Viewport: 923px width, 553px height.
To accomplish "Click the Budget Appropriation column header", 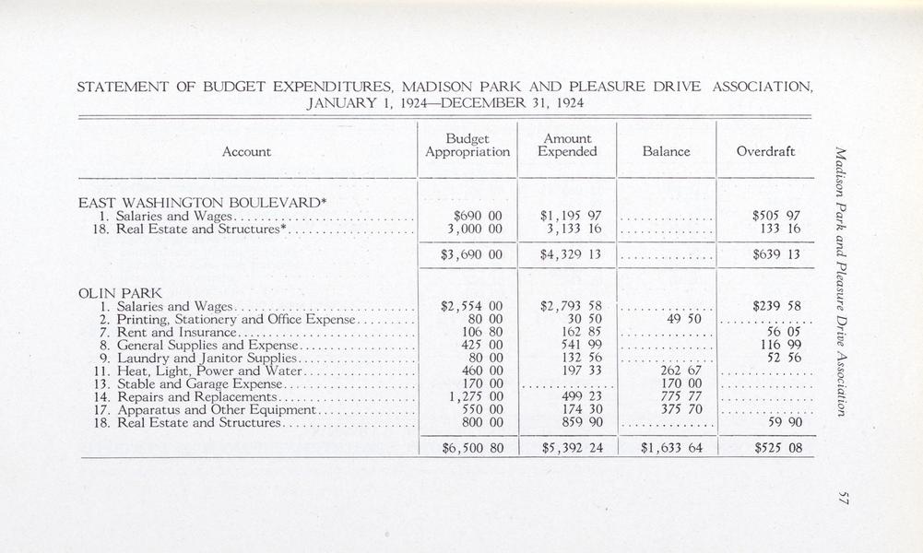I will [467, 145].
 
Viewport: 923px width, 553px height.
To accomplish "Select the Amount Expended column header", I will [568, 145].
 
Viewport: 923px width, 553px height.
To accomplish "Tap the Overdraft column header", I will [766, 151].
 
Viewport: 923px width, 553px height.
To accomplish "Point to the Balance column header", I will [666, 151].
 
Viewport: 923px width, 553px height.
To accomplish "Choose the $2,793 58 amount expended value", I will [571, 306].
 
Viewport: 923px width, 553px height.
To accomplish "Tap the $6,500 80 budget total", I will [470, 449].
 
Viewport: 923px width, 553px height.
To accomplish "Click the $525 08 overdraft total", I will [777, 449].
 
